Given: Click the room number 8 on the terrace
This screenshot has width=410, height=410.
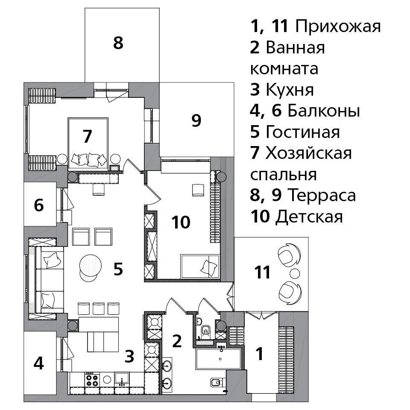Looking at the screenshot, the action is [x=118, y=43].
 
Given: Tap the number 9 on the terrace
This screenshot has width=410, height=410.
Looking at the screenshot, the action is [x=196, y=120].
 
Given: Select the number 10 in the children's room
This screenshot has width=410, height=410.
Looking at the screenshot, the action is [x=181, y=222].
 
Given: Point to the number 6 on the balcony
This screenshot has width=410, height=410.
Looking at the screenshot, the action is [x=39, y=205].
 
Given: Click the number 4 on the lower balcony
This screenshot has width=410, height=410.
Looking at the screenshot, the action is [x=39, y=363].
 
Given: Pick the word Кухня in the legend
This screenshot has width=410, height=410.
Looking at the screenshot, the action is [x=290, y=90].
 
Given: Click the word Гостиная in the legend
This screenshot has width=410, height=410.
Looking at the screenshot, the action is [x=303, y=132].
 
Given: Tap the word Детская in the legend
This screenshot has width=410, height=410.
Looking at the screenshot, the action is [x=309, y=217].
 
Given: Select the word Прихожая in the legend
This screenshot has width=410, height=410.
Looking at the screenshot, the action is [x=338, y=26].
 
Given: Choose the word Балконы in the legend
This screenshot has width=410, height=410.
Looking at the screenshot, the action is [x=324, y=111].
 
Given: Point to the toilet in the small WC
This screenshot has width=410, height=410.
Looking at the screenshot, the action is [x=206, y=331].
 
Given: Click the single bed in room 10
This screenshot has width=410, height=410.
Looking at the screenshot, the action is [x=200, y=266].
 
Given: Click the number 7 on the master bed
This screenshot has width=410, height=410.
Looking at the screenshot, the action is [x=87, y=136].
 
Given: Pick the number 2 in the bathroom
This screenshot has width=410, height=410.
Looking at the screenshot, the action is [x=177, y=341].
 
